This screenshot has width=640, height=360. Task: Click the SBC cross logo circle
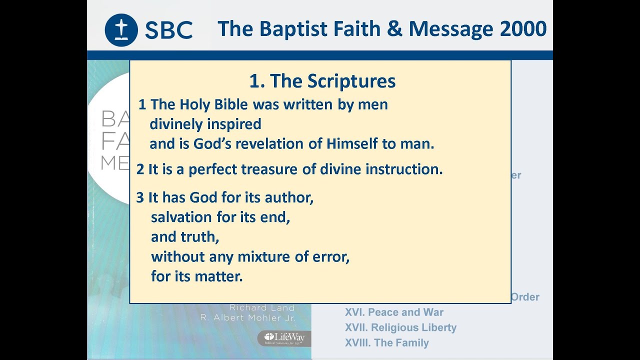pos(121,30)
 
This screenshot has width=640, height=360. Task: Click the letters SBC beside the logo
pos(168,30)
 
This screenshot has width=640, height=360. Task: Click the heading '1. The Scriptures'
pos(322,81)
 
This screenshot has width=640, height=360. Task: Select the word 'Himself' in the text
pos(353,144)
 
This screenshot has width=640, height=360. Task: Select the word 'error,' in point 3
pos(327,256)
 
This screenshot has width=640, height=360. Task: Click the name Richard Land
pos(262,308)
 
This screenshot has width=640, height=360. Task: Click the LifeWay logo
pos(284,338)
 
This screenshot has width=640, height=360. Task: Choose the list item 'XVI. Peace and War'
pos(394,312)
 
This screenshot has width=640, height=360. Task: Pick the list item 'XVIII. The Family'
pos(386,343)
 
